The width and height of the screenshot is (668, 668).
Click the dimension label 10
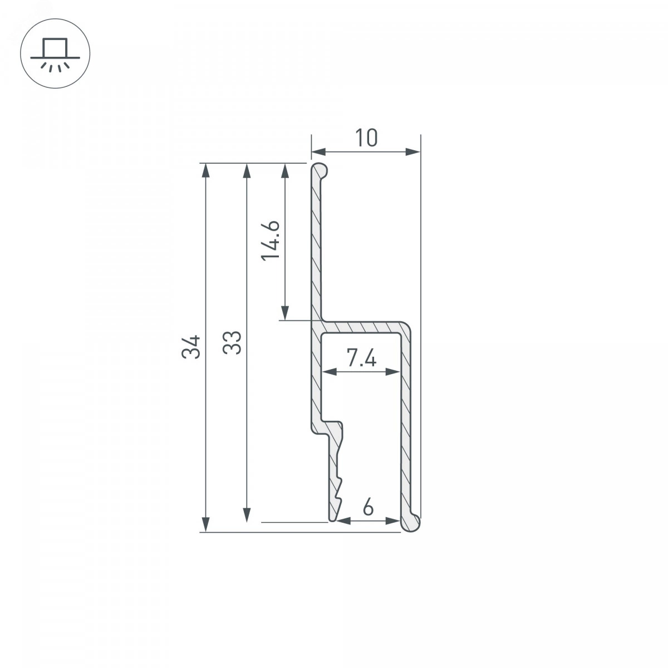[x=366, y=137]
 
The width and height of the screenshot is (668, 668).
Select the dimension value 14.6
[x=270, y=240]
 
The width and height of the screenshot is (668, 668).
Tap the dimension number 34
[x=191, y=347]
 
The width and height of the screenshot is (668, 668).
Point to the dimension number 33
[x=232, y=342]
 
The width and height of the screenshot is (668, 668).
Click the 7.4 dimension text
[x=362, y=358]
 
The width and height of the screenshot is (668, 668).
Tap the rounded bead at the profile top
[x=320, y=170]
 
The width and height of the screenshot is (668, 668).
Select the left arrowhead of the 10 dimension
[x=318, y=151]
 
